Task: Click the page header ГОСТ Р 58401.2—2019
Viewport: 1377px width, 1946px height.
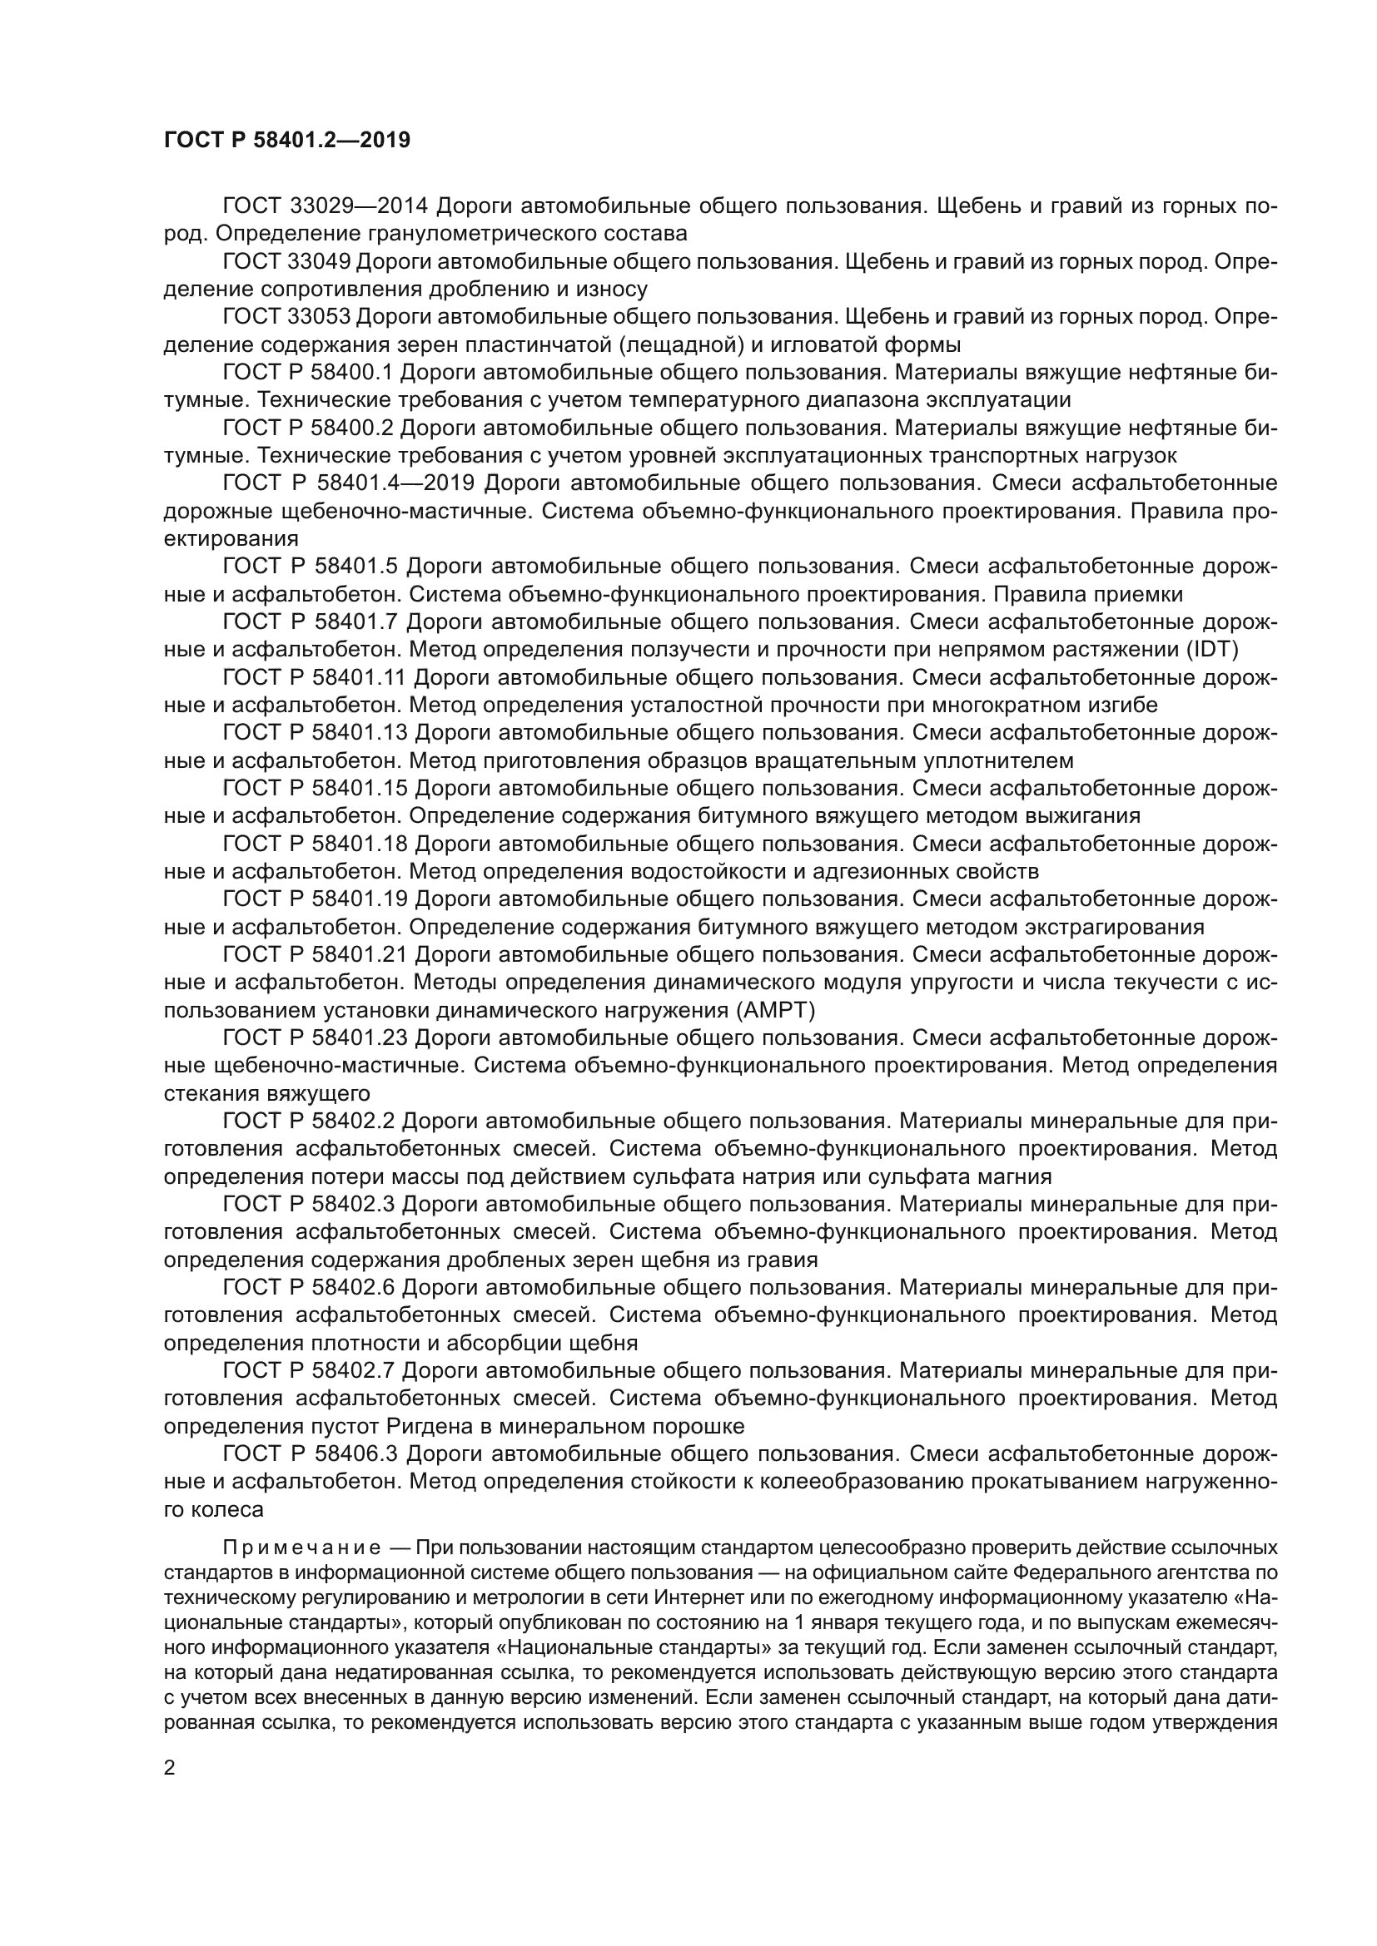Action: (x=286, y=140)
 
